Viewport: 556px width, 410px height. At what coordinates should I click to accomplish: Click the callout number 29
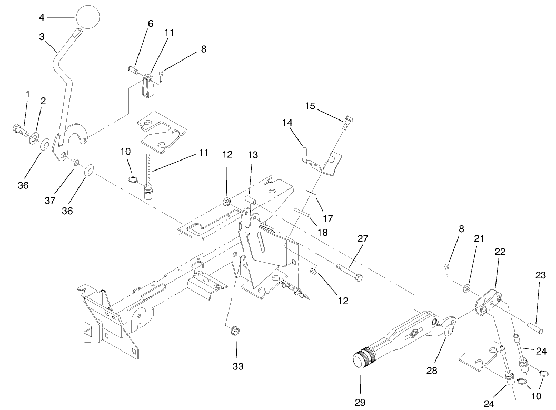pyautogui.click(x=360, y=402)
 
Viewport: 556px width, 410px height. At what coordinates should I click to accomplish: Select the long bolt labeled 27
pyautogui.click(x=348, y=272)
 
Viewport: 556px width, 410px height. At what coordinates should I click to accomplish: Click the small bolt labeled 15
pyautogui.click(x=347, y=122)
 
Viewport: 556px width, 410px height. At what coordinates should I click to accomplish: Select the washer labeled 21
pyautogui.click(x=466, y=288)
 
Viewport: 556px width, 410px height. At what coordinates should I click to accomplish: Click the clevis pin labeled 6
pyautogui.click(x=133, y=67)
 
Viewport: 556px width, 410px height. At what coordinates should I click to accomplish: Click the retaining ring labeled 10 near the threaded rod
pyautogui.click(x=133, y=181)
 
